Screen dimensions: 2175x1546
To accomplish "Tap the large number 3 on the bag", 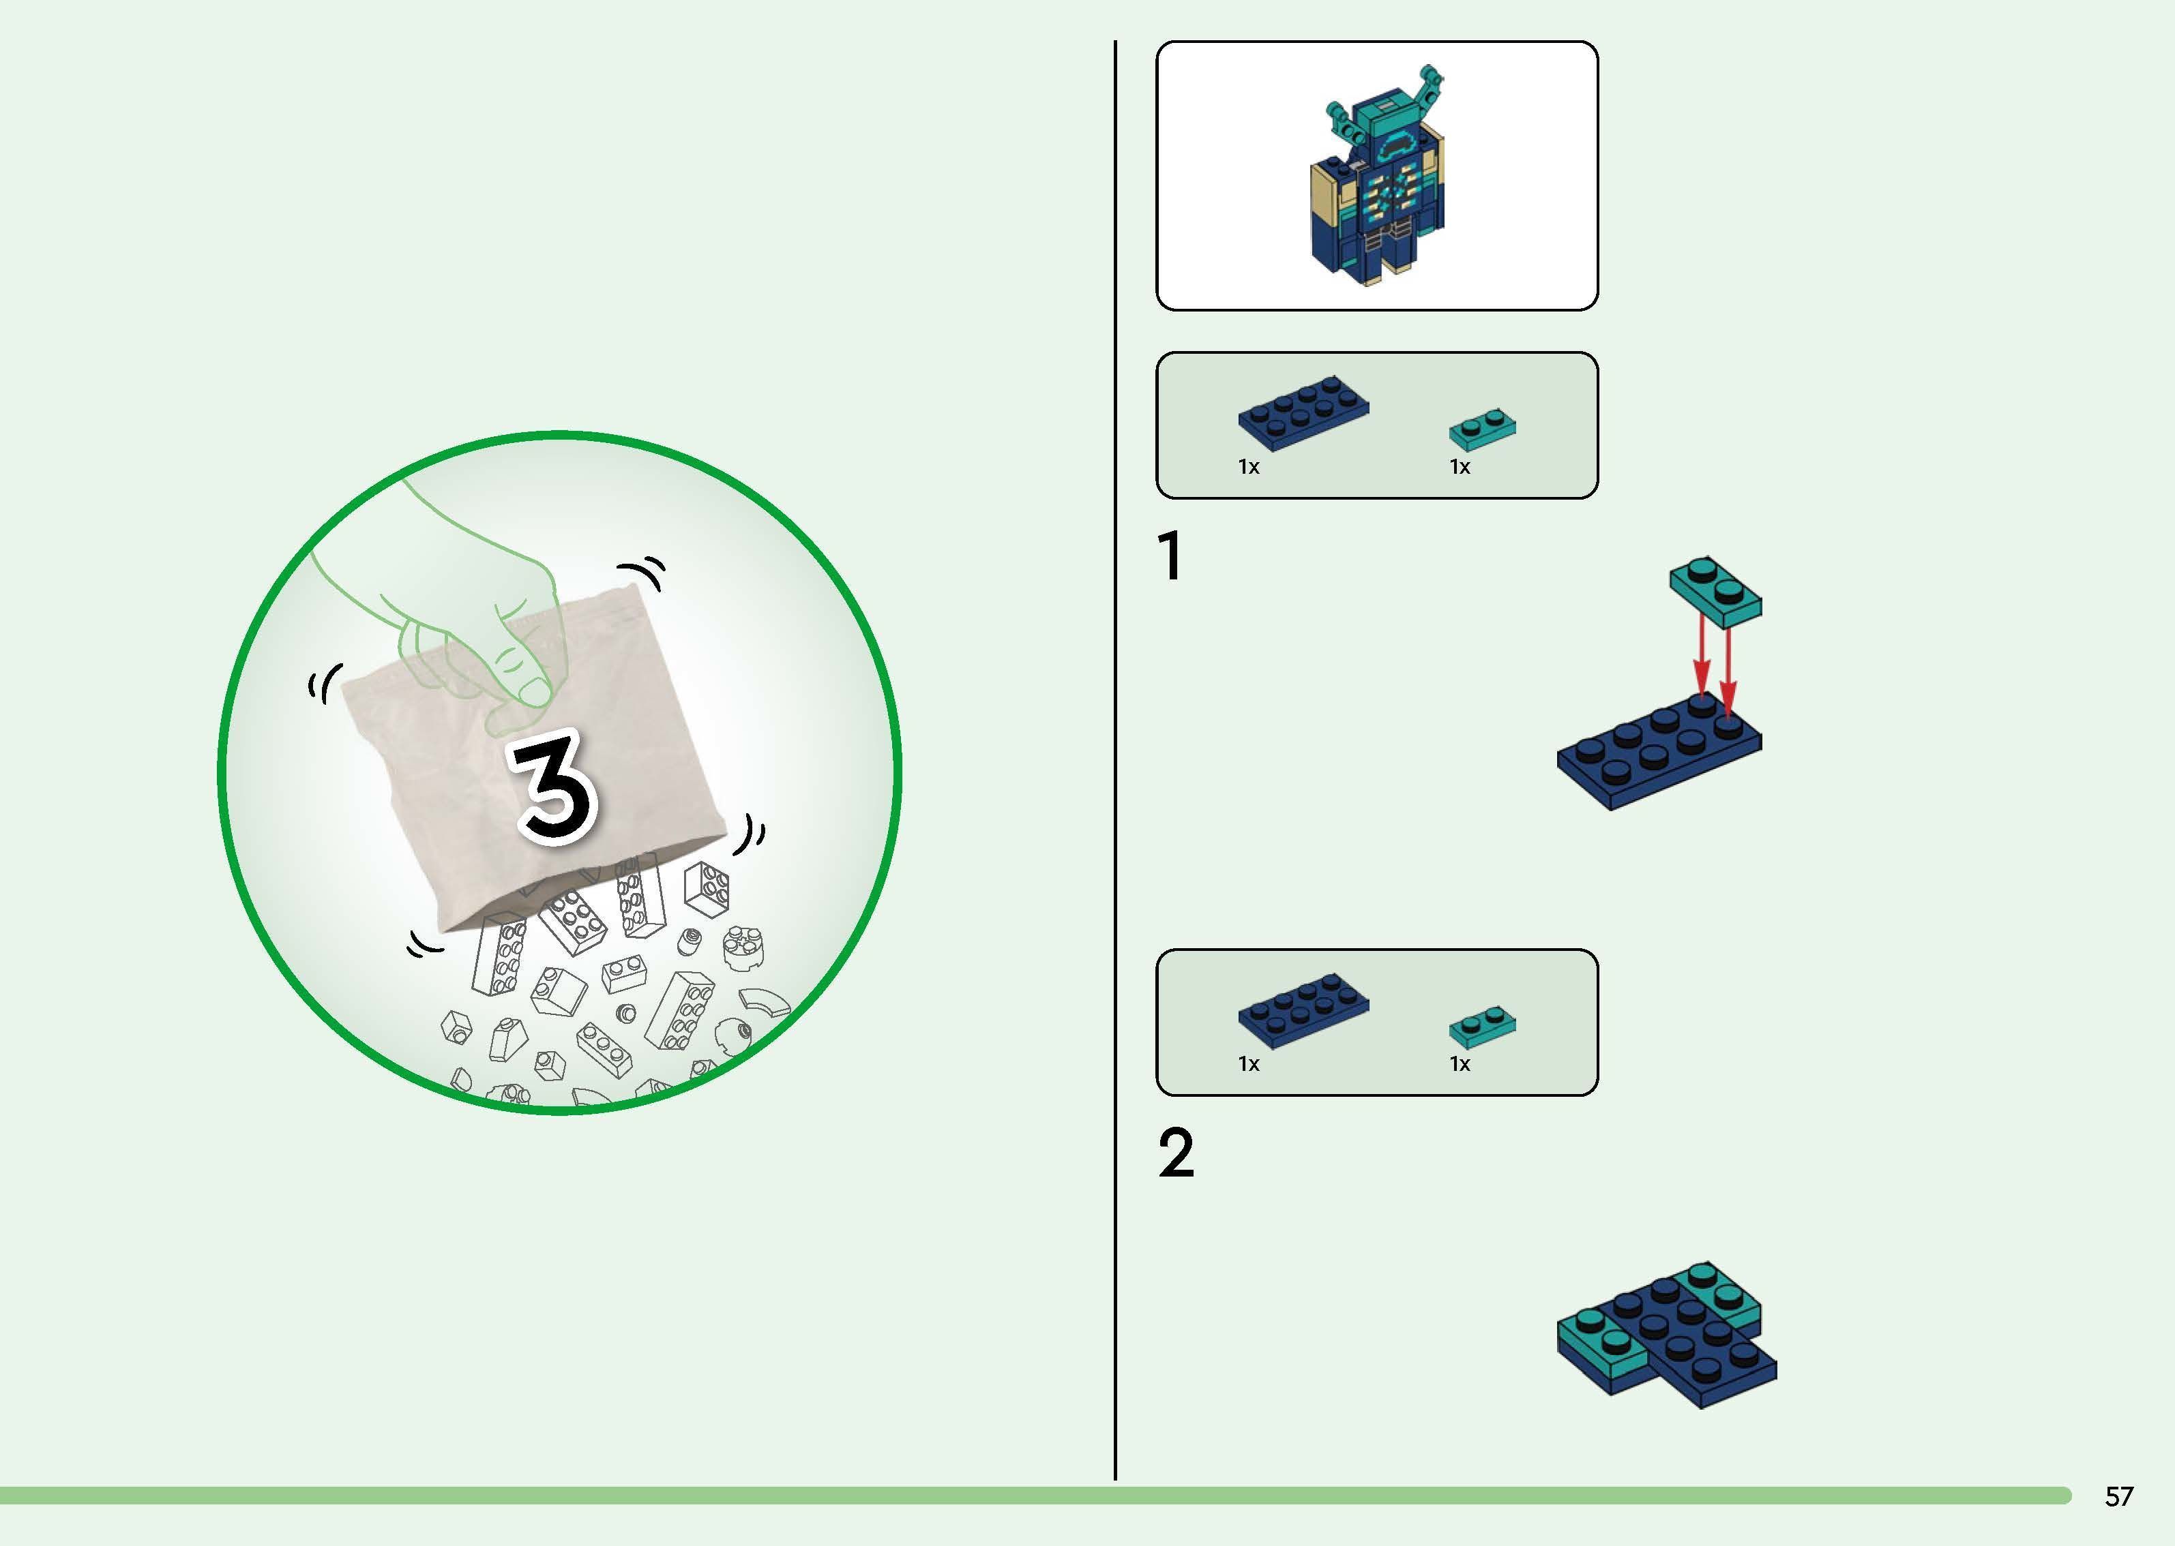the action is tap(554, 787).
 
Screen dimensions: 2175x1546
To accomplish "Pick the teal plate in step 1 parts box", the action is tap(1483, 429).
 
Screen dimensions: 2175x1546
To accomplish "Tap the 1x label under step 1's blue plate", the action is tap(1248, 466).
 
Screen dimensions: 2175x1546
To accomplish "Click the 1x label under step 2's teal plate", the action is tap(1460, 1063).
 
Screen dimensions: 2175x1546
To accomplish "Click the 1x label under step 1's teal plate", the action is tap(1460, 466).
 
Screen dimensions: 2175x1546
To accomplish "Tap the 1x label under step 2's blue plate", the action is tap(1248, 1063).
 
